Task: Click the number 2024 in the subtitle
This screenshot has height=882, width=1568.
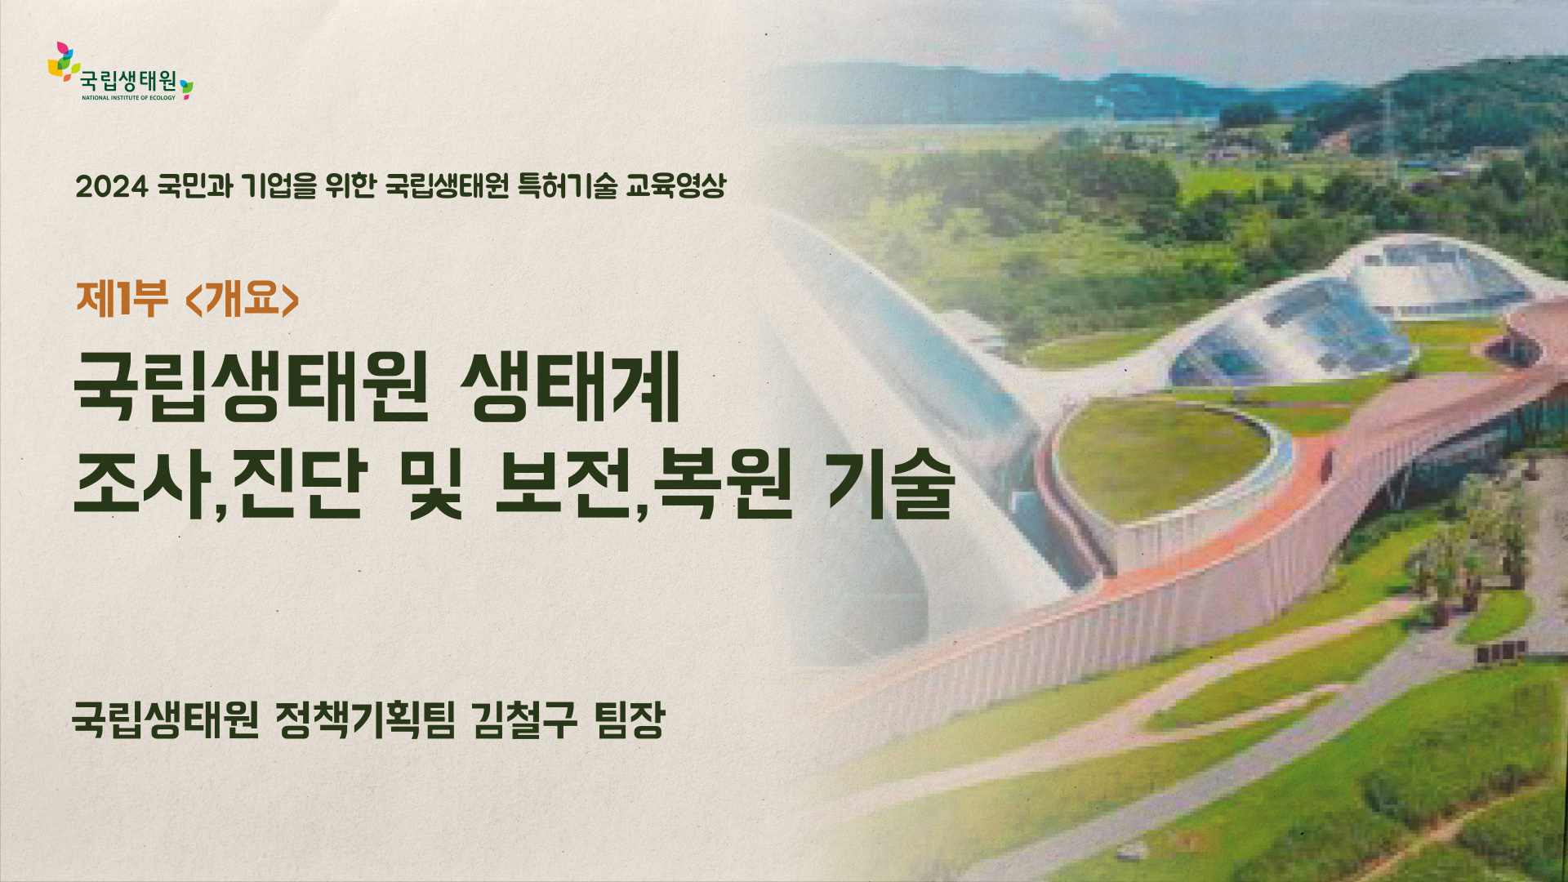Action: click(x=112, y=187)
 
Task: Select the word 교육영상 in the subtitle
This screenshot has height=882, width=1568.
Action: click(x=675, y=186)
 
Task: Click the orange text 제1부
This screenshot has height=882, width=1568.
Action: click(x=122, y=298)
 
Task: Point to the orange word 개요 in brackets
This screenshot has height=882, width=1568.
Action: click(x=243, y=298)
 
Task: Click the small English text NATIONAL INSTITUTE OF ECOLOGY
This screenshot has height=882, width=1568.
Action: click(x=128, y=98)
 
